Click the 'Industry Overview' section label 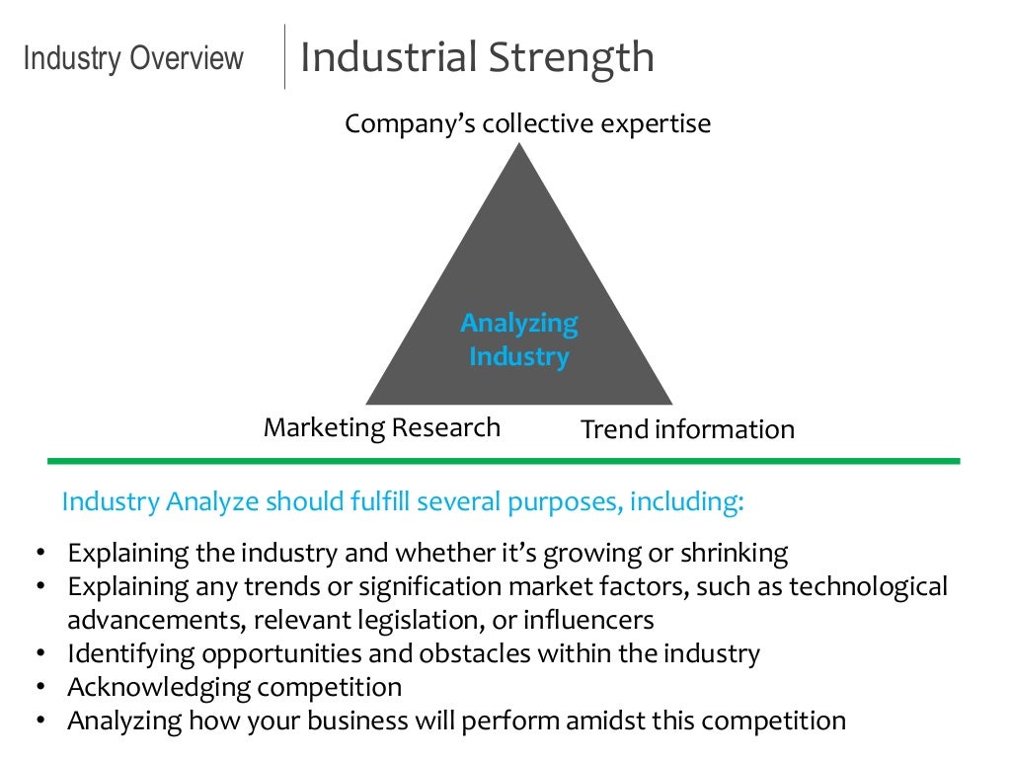pyautogui.click(x=133, y=58)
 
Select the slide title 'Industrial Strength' pyautogui.click(x=476, y=56)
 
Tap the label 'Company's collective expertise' pyautogui.click(x=527, y=124)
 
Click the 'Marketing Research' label pyautogui.click(x=382, y=427)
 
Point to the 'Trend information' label pyautogui.click(x=687, y=429)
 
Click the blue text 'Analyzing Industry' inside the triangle pyautogui.click(x=519, y=340)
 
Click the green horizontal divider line pyautogui.click(x=504, y=461)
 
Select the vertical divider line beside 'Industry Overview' pyautogui.click(x=284, y=56)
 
